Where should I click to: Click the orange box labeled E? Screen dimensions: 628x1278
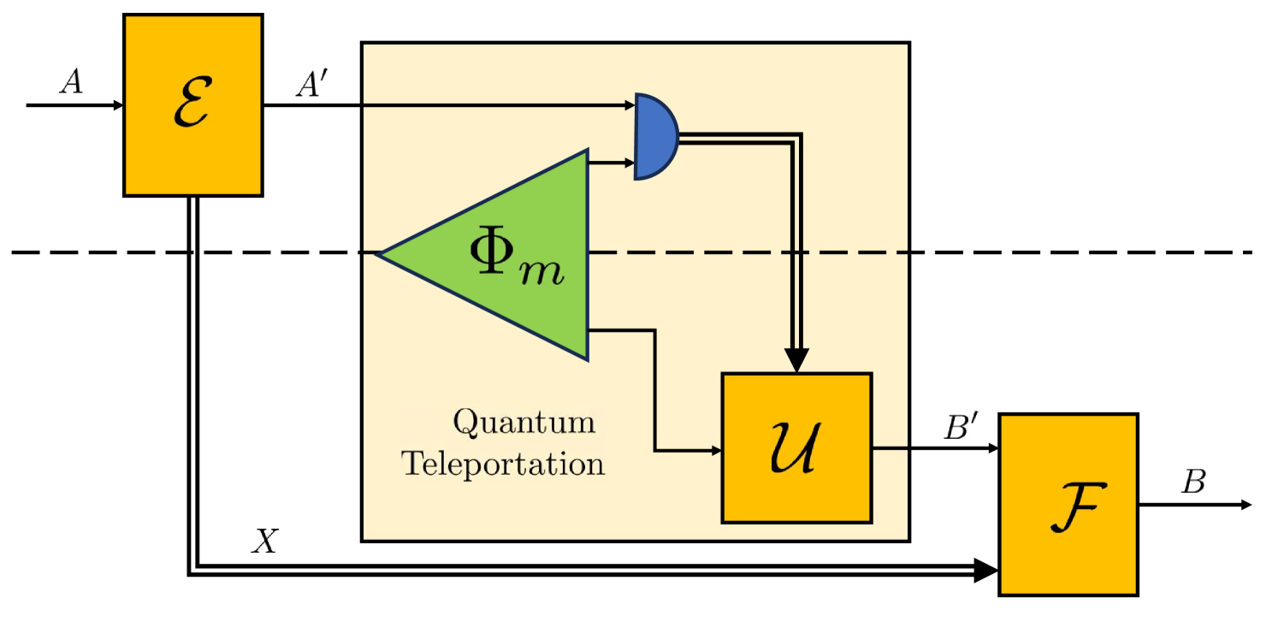point(192,105)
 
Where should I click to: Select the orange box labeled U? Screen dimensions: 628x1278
point(796,447)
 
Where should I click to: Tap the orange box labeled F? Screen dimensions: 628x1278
point(1068,504)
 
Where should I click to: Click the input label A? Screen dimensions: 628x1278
point(71,83)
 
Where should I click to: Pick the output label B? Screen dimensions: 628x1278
point(1193,483)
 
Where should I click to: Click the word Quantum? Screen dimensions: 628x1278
point(524,423)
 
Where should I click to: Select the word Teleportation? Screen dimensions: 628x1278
point(504,465)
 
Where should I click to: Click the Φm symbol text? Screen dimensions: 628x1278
point(517,257)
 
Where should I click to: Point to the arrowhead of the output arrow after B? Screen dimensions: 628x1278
point(1245,505)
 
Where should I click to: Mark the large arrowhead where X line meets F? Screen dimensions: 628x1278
point(986,570)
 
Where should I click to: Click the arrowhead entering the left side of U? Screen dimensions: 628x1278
point(715,450)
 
